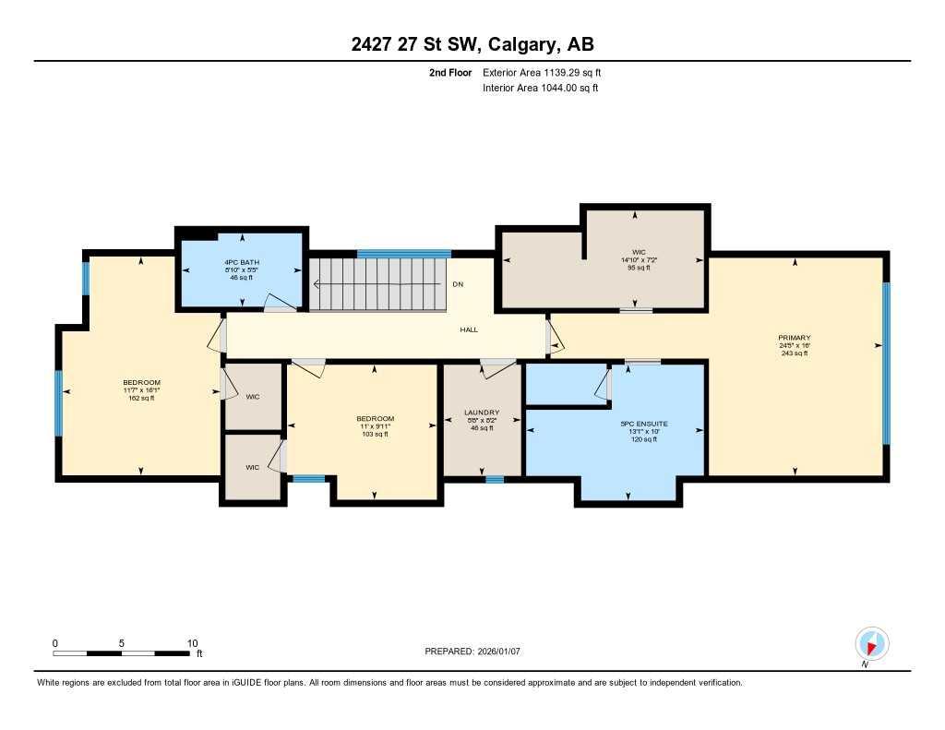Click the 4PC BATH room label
point(241,262)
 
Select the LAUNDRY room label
point(482,413)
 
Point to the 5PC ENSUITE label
point(643,424)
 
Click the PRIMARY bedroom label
point(794,338)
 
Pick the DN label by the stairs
point(458,284)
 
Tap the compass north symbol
point(871,643)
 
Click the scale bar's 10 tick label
point(192,643)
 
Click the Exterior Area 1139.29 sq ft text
point(542,72)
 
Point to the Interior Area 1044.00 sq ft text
point(540,88)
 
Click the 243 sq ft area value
point(794,353)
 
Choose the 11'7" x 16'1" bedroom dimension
point(141,390)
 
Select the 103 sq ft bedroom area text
point(375,434)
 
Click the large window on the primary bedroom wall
point(886,364)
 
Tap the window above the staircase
point(403,254)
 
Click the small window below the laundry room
point(495,478)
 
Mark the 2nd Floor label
point(450,72)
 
